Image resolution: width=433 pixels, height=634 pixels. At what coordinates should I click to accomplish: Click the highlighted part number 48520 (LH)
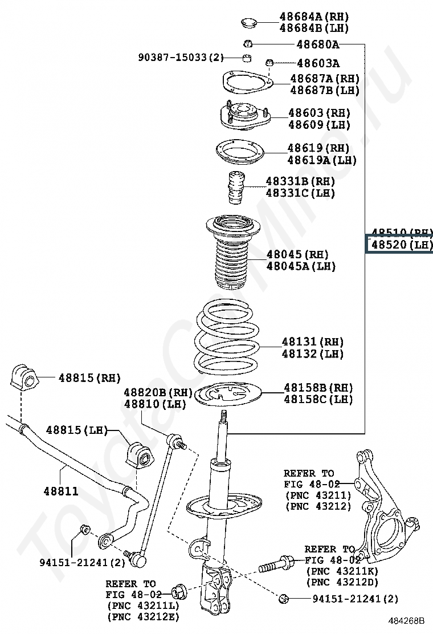coord(398,245)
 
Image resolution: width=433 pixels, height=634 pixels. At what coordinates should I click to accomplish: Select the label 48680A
coord(317,44)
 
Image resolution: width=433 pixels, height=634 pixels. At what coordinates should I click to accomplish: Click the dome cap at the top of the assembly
coord(248,23)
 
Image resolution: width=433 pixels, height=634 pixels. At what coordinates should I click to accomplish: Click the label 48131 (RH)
coord(312,342)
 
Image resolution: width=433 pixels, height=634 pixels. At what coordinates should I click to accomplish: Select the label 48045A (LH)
coord(301,266)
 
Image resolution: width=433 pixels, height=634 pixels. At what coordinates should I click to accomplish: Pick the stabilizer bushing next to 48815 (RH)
coord(23,377)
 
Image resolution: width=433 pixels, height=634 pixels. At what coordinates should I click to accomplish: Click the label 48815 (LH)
coord(76,430)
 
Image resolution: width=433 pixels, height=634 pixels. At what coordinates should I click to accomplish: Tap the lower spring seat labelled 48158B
coord(227,395)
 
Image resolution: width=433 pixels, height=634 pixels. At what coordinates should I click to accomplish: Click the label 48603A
coord(318,63)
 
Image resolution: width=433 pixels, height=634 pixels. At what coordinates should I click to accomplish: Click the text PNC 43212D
coord(342,582)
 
